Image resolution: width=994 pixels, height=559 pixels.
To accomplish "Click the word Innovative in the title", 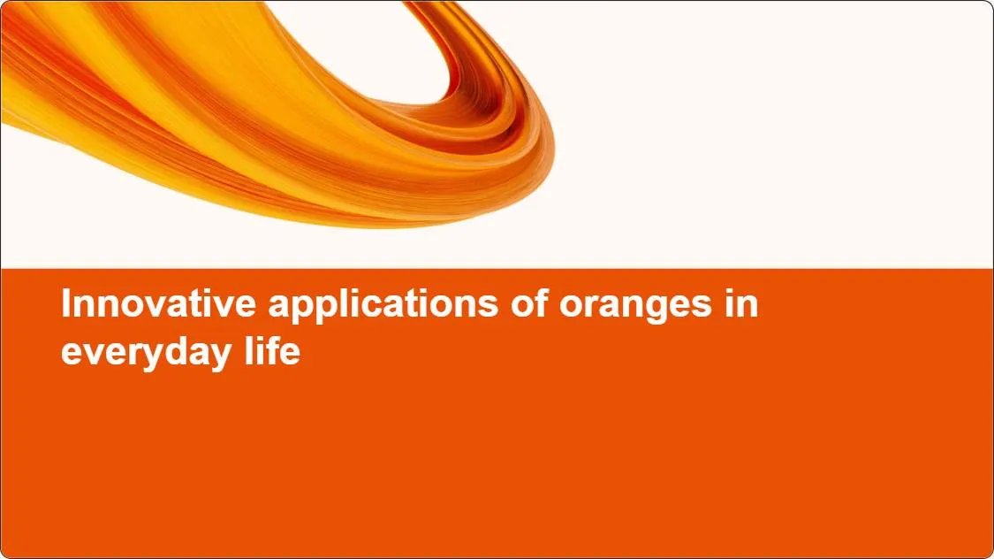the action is [158, 303].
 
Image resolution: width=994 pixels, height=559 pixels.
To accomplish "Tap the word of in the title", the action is [529, 303].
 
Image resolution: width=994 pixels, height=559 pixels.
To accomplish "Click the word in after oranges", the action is [741, 303].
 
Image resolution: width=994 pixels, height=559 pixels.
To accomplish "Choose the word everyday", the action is [147, 354].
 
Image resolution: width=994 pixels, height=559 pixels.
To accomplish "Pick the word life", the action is [273, 350].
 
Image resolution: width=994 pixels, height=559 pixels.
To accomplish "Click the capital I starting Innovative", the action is [65, 303].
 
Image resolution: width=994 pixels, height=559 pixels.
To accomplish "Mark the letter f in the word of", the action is [542, 303].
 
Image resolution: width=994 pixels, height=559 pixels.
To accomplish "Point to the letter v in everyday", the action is [97, 355].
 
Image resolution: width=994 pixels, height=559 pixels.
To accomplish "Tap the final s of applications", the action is [489, 307].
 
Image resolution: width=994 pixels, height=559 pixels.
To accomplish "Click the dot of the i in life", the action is [258, 339].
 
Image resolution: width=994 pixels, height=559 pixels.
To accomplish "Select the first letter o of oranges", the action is [571, 307].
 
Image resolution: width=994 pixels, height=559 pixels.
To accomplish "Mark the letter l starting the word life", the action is [249, 351].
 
